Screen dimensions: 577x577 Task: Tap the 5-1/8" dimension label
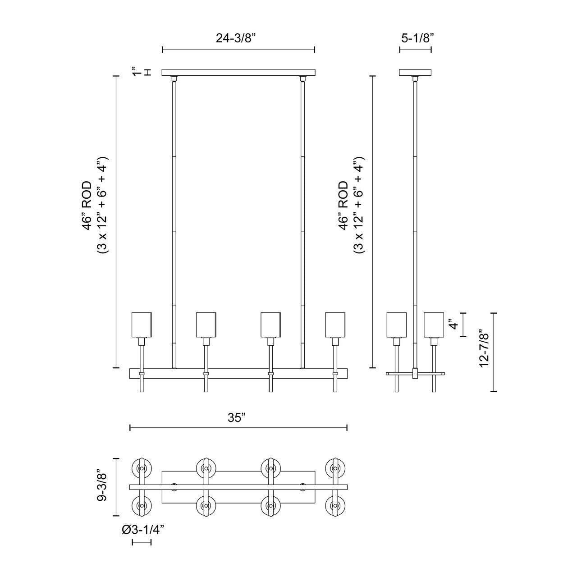point(417,38)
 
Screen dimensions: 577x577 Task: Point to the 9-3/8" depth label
point(103,487)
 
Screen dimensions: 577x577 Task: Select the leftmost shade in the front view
point(142,325)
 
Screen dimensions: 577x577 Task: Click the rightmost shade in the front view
point(336,325)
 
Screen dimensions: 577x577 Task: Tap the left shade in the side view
point(397,325)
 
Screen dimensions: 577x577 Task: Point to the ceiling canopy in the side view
point(416,72)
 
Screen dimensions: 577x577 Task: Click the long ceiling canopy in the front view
point(238,72)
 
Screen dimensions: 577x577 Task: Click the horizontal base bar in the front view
point(238,374)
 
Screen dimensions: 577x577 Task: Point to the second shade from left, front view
point(206,325)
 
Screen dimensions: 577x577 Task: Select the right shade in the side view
point(434,325)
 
